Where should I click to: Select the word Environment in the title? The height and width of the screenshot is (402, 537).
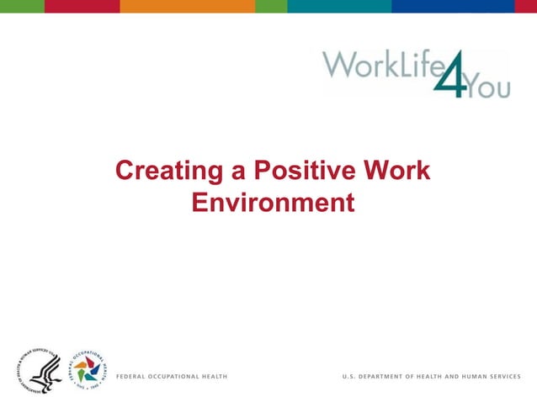[272, 203]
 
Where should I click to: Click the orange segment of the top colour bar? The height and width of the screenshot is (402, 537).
[187, 6]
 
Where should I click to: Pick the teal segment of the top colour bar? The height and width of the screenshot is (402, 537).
[338, 6]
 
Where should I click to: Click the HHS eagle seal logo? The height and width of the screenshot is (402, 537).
[39, 371]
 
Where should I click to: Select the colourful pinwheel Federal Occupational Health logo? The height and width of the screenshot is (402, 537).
[88, 371]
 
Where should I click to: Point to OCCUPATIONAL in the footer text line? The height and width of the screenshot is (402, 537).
[180, 374]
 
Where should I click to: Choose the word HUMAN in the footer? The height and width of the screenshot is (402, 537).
[476, 374]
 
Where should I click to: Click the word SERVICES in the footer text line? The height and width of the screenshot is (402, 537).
[507, 374]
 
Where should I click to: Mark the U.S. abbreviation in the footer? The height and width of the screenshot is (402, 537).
[349, 374]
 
